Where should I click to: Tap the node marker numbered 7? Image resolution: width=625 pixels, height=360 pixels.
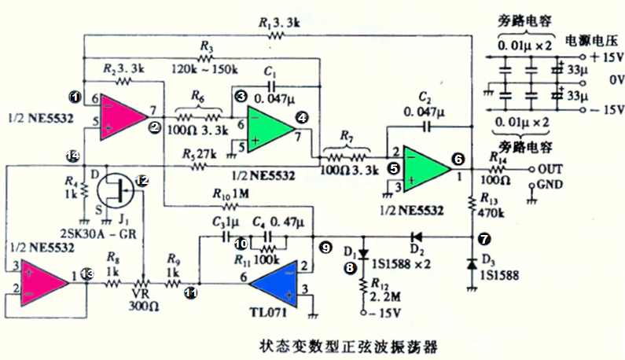[x=483, y=237]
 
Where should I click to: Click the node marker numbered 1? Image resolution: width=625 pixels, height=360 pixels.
[x=74, y=97]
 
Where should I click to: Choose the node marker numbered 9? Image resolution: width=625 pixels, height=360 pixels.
[x=325, y=248]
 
